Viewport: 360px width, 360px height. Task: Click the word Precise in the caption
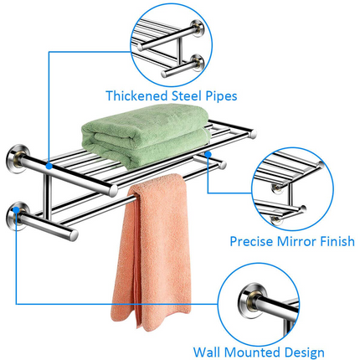coord(254,242)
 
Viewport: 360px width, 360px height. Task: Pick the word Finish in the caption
coord(336,242)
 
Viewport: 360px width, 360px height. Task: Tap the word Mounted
coord(251,352)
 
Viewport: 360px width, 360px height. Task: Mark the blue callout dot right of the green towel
coord(207,155)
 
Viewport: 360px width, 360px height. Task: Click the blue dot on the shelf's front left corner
coord(51,167)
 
